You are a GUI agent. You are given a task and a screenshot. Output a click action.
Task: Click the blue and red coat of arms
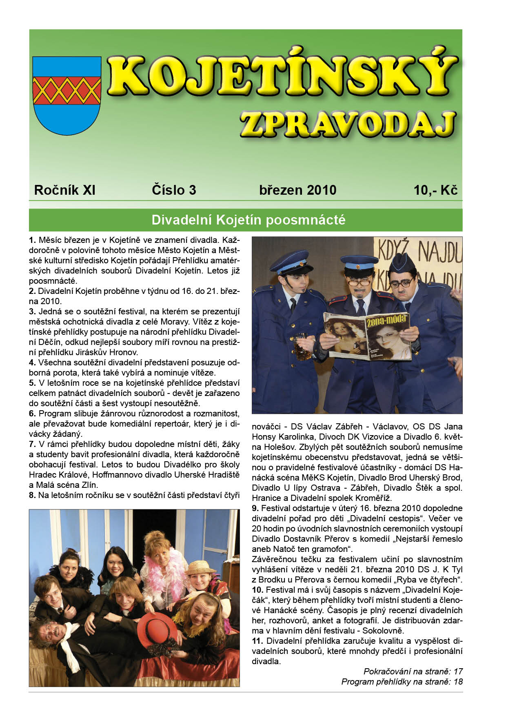[67, 96]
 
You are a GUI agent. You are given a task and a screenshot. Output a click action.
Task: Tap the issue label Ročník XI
[64, 190]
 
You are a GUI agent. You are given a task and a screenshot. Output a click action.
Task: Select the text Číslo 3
[174, 190]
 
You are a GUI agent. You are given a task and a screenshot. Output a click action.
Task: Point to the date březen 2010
[297, 190]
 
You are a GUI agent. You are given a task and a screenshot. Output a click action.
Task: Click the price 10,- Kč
[435, 190]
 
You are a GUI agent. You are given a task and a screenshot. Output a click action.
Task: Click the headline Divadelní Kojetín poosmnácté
[248, 220]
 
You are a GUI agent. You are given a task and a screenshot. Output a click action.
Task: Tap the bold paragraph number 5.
[32, 383]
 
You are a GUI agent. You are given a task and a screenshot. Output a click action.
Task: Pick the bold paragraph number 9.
[255, 508]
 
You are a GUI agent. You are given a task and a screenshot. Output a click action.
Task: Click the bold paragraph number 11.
[257, 641]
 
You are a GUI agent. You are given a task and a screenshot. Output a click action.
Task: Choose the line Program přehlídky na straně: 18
[402, 682]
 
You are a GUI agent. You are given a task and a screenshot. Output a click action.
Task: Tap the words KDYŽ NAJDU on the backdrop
[420, 253]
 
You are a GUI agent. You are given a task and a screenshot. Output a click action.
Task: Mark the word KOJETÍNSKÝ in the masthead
[282, 76]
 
